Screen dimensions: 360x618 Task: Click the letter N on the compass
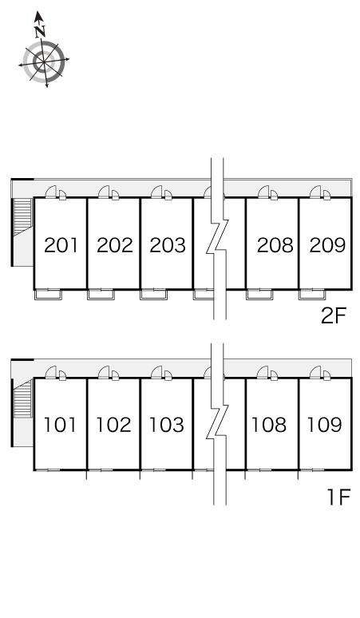coord(40,31)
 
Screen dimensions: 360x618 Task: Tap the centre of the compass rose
coord(43,61)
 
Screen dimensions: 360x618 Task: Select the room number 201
coord(61,245)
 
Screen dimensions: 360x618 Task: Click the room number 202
coord(115,245)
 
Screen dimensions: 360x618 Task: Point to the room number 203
coord(168,245)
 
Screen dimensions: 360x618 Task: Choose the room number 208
coord(275,245)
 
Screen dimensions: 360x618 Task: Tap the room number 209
coord(328,245)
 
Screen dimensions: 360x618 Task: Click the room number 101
coord(60,425)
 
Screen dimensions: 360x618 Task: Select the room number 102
coord(113,425)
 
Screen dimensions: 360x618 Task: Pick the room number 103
coord(167,425)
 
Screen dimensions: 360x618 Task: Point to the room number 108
coord(269,425)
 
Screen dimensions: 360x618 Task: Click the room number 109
coord(324,425)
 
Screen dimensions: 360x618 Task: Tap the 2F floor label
coord(333,315)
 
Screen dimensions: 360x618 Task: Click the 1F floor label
coord(338,497)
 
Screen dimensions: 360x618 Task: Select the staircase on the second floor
coord(22,216)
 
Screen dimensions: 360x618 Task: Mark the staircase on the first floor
coord(22,399)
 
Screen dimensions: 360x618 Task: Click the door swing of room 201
coord(52,191)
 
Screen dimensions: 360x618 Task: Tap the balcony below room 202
coord(101,294)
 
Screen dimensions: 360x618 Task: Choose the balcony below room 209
coord(312,294)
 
